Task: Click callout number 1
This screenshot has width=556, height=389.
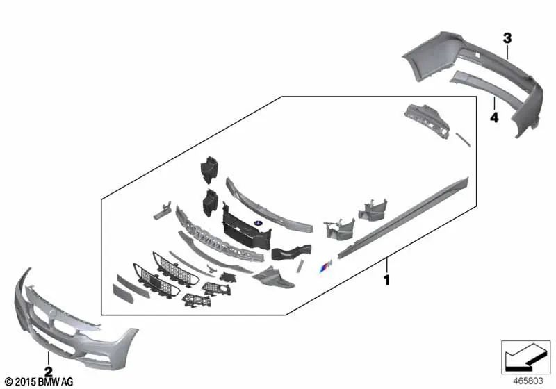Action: tap(387, 280)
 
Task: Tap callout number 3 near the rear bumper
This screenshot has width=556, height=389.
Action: tap(507, 38)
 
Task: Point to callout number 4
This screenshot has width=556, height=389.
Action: tap(494, 117)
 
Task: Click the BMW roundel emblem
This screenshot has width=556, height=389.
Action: tap(257, 222)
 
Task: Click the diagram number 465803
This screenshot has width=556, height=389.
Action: tap(528, 381)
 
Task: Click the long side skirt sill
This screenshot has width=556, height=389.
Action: tap(404, 217)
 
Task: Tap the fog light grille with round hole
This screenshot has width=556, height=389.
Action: tap(217, 288)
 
